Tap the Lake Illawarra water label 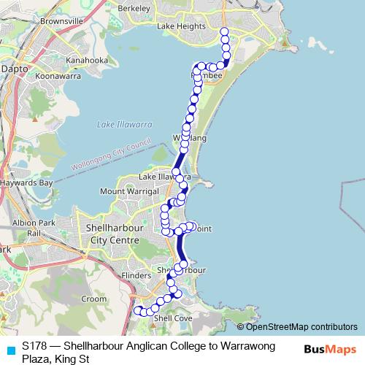[125, 125]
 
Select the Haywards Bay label [26, 182]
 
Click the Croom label [95, 299]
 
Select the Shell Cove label [172, 318]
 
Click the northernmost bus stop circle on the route [224, 31]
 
